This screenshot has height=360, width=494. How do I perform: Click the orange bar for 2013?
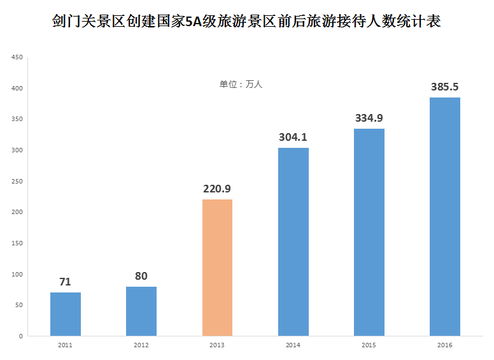[217, 268]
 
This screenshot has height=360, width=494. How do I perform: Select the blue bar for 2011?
[65, 314]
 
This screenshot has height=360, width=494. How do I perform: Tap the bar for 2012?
[141, 311]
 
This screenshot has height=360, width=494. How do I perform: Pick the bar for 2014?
[293, 242]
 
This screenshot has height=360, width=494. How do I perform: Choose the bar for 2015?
[369, 233]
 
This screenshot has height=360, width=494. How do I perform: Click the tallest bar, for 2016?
[445, 217]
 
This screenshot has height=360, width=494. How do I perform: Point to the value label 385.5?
[445, 87]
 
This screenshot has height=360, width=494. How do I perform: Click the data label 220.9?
[217, 189]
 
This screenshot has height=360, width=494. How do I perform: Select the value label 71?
[65, 282]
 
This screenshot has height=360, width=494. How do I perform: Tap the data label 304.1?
[293, 137]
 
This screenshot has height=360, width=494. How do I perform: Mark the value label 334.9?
[369, 118]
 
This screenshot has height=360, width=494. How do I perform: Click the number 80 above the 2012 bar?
[141, 276]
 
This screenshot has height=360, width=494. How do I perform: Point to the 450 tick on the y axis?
[17, 57]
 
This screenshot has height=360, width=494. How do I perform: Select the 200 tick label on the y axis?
[17, 212]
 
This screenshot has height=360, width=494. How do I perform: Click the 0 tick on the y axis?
[20, 336]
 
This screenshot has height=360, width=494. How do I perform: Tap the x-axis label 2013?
[217, 345]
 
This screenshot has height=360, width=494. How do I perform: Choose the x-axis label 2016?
[445, 345]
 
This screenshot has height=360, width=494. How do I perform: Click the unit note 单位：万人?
[241, 84]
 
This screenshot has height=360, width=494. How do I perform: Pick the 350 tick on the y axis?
[17, 119]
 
